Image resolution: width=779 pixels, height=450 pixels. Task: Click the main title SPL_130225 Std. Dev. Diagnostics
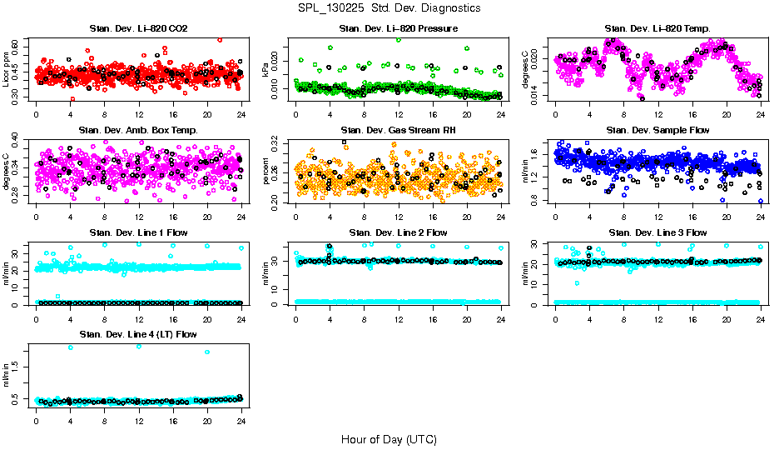click(389, 8)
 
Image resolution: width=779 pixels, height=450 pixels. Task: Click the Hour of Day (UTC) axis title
click(389, 438)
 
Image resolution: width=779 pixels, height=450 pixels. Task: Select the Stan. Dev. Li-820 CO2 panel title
click(138, 29)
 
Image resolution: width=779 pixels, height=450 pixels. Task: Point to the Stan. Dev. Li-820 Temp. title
click(657, 29)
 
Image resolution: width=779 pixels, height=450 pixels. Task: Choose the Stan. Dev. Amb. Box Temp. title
click(138, 131)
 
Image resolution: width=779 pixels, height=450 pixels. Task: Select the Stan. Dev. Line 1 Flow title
click(138, 232)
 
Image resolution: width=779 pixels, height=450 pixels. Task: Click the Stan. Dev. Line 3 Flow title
click(657, 232)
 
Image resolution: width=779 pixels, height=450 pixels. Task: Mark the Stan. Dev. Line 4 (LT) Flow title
click(138, 334)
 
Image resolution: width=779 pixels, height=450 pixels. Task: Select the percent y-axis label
click(265, 172)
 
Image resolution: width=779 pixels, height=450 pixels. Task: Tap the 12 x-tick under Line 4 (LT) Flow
click(138, 420)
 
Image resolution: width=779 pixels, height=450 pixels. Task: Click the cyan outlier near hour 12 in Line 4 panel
click(138, 346)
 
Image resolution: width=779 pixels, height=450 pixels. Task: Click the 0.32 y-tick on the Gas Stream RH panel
click(280, 145)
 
